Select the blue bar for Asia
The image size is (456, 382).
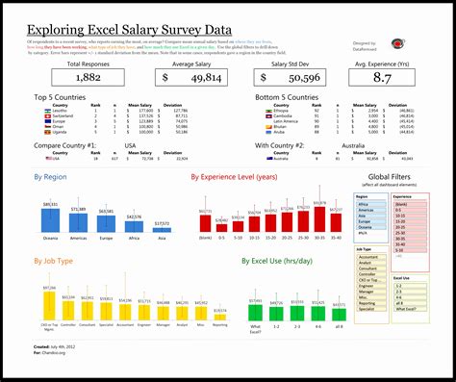click(x=163, y=230)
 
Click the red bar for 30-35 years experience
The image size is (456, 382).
click(x=321, y=220)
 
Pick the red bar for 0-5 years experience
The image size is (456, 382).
click(x=223, y=225)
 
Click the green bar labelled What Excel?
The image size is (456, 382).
click(x=256, y=312)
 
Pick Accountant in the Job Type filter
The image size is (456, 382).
click(x=371, y=257)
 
